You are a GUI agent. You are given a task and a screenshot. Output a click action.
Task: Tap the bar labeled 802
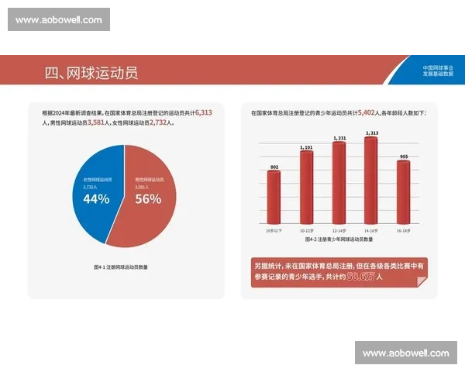click(274, 198)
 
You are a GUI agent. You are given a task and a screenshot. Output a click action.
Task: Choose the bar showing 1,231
click(339, 183)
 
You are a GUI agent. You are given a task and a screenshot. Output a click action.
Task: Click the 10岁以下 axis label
click(274, 231)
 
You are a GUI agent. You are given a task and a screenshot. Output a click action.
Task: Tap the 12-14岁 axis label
click(339, 231)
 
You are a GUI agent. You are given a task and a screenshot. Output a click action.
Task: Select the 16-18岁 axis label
click(403, 231)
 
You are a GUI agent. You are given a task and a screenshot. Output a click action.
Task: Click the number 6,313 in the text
click(204, 112)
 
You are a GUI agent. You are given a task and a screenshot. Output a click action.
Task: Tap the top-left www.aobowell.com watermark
click(58, 19)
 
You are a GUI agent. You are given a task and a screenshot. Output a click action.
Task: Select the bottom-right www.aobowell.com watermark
click(405, 353)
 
